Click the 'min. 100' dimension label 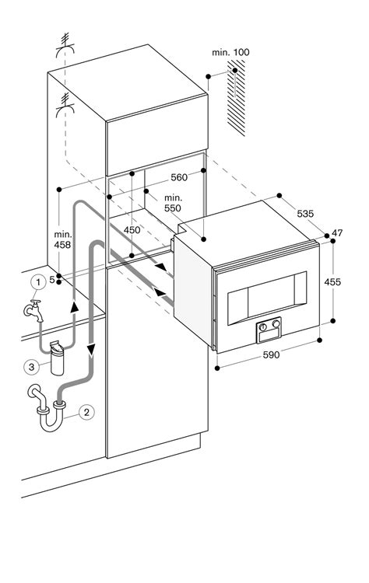(230, 52)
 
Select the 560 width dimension (179, 177)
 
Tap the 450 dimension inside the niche (132, 230)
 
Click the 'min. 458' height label (64, 239)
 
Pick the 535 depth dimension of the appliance (305, 211)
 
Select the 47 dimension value (337, 233)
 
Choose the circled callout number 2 (87, 411)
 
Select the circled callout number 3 (32, 366)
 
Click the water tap (32, 309)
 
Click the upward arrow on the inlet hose (76, 308)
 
